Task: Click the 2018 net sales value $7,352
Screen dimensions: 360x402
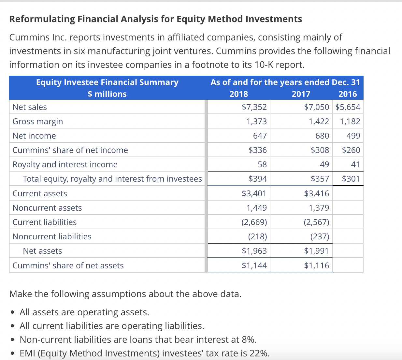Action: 254,107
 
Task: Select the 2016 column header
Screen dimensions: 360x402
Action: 348,94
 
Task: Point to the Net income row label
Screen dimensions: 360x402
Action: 34,136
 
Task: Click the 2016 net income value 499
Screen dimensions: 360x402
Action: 353,136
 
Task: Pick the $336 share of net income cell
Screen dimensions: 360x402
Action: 257,150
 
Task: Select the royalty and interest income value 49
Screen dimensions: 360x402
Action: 324,164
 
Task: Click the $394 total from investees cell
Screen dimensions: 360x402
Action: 257,179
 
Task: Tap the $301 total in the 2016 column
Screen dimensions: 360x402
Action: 351,179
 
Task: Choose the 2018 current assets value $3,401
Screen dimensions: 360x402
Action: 254,193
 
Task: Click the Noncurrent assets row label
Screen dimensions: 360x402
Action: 47,208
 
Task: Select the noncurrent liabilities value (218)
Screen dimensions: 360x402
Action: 257,236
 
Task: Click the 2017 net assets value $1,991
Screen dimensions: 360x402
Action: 316,251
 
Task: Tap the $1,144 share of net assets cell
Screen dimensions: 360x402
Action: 254,265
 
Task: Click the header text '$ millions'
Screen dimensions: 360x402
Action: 107,94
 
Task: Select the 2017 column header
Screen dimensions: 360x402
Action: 301,94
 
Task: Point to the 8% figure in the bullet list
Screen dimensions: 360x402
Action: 249,339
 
